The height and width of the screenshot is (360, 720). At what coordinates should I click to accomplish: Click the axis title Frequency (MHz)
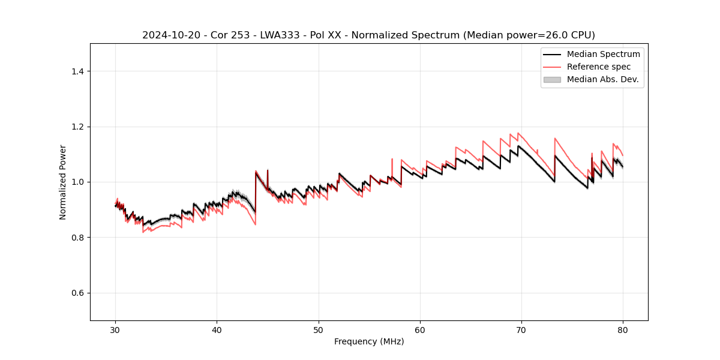(x=369, y=341)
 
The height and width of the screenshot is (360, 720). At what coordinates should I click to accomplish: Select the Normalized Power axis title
(x=63, y=182)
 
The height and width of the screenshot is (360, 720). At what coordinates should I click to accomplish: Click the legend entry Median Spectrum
(x=603, y=54)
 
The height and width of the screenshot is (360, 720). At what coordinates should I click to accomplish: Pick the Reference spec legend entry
(x=599, y=67)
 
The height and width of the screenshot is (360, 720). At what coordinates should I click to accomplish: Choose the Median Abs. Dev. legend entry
(x=602, y=79)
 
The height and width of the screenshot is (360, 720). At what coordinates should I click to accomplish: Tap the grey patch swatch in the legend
(x=552, y=79)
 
